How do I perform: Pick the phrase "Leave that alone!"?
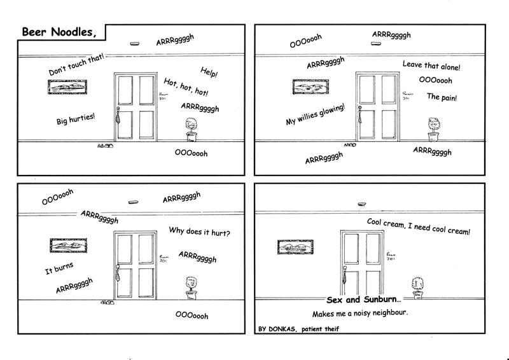pyautogui.click(x=431, y=66)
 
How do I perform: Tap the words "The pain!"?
pyautogui.click(x=442, y=97)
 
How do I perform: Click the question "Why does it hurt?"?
pyautogui.click(x=199, y=232)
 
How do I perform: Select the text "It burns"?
pyautogui.click(x=59, y=268)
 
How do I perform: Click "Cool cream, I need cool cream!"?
pyautogui.click(x=419, y=227)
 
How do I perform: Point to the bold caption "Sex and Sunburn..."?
pyautogui.click(x=364, y=299)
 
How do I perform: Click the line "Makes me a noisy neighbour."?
pyautogui.click(x=359, y=314)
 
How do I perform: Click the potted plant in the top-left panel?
pyautogui.click(x=190, y=129)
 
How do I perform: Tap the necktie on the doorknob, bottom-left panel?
pyautogui.click(x=118, y=272)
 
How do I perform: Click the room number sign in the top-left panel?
pyautogui.click(x=162, y=97)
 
